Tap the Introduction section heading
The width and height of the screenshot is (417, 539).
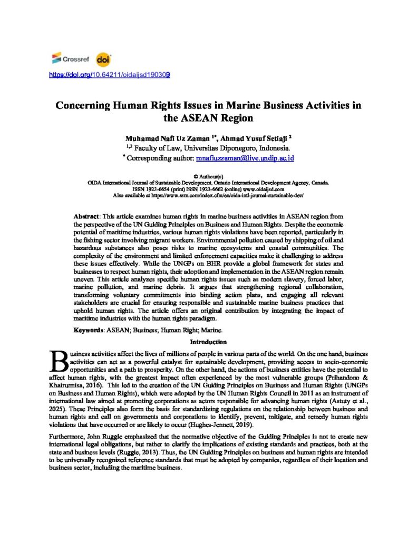208,342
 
